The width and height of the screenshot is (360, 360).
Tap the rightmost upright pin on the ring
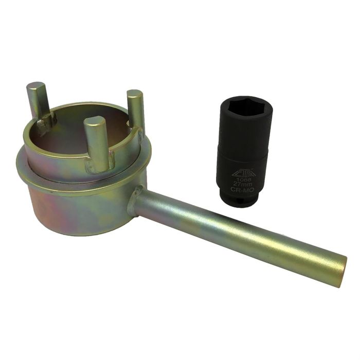136,111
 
